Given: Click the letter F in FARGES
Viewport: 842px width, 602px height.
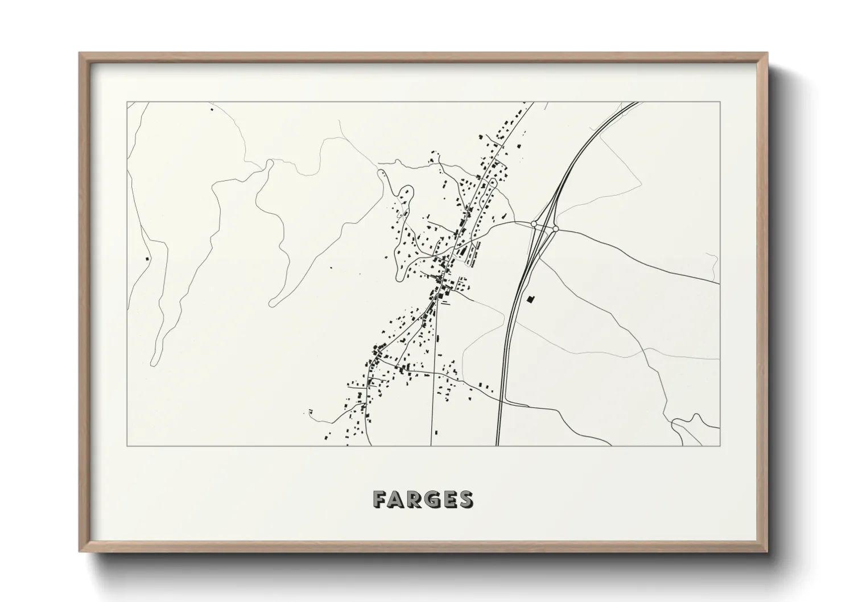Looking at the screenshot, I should click(x=381, y=500).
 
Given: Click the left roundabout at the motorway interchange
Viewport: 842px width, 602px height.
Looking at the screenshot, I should click(x=534, y=224).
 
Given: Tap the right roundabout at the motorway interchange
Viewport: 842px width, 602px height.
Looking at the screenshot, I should click(x=555, y=229).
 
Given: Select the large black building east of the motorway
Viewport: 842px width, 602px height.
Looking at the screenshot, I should click(x=532, y=299).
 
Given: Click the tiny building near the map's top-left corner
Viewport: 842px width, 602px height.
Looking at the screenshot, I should click(x=212, y=109).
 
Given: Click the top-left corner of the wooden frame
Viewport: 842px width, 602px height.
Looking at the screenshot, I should click(x=80, y=53).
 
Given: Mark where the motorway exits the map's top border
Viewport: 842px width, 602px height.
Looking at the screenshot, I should click(x=636, y=102).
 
